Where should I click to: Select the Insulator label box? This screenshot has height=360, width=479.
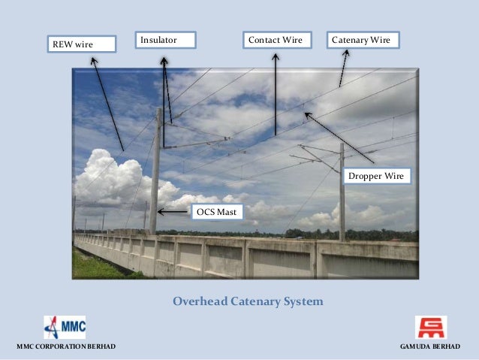165,39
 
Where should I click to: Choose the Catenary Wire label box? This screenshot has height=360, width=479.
363,39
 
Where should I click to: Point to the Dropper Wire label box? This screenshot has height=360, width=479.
376,176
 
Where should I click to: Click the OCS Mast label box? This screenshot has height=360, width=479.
217,212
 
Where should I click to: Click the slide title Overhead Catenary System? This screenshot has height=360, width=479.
248,301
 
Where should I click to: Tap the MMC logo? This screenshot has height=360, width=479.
65,327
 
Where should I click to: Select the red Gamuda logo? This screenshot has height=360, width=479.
430,327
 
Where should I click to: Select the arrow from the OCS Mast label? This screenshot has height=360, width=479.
174,212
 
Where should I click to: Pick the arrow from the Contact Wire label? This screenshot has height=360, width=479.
276,93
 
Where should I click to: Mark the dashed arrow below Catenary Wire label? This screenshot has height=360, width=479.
344,68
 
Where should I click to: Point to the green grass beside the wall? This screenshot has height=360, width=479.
94,267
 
